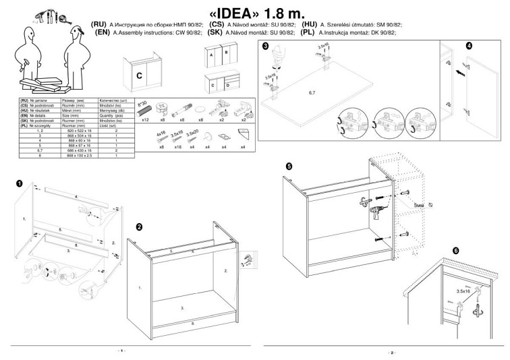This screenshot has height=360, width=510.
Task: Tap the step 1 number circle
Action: coord(20,183)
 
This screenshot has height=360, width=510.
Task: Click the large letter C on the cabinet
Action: coord(139,76)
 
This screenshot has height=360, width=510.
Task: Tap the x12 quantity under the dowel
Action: coord(144,119)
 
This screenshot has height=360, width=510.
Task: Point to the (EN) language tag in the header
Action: coord(103,32)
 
